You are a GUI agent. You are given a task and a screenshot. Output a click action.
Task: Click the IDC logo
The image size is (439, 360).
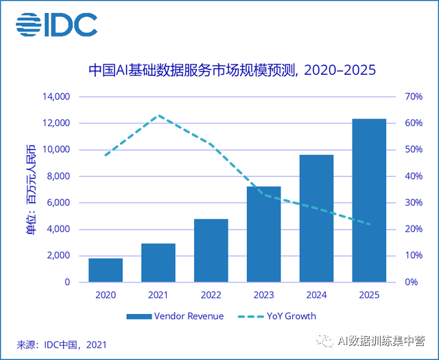tap(56, 25)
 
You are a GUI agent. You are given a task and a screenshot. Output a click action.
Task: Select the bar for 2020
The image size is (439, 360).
tap(106, 270)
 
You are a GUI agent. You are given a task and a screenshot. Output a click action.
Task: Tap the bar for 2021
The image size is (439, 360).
tap(158, 263)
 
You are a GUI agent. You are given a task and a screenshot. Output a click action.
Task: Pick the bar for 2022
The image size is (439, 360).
tap(211, 250)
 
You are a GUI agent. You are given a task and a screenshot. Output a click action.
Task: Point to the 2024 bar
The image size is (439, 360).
tap(316, 218)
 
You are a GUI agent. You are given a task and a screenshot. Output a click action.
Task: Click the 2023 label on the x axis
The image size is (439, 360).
tap(264, 295)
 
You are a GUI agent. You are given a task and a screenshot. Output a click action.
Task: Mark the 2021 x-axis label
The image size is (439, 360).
tap(158, 295)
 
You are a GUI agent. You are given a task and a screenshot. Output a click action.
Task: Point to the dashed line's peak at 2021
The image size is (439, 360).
tap(158, 115)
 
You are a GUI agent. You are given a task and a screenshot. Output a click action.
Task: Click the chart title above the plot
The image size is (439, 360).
tap(233, 70)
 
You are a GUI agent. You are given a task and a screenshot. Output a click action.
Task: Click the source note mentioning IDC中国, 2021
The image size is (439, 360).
tap(62, 344)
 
